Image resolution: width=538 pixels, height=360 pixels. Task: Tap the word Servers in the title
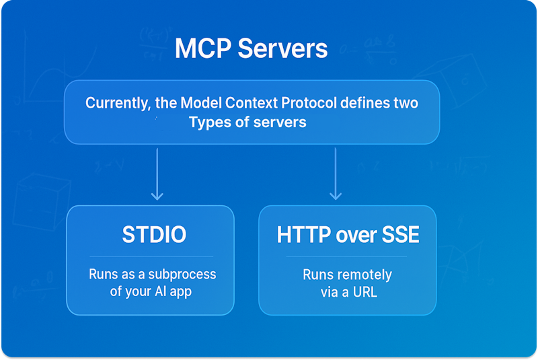click(284, 49)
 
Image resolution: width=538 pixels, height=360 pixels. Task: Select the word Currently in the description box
click(116, 104)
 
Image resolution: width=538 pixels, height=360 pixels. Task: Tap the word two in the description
click(406, 104)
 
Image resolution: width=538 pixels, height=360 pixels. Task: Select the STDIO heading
click(154, 235)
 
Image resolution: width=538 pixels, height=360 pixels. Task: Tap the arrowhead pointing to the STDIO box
click(157, 196)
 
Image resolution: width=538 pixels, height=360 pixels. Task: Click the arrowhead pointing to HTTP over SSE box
click(335, 196)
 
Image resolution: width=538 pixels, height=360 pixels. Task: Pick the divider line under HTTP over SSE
click(347, 256)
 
